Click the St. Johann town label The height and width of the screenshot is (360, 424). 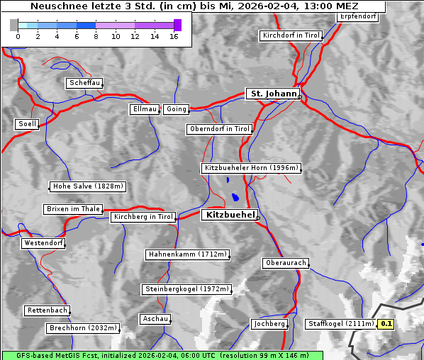pyautogui.click(x=273, y=94)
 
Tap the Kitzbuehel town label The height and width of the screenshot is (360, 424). pyautogui.click(x=228, y=215)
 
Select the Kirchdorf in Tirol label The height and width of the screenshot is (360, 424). pyautogui.click(x=291, y=35)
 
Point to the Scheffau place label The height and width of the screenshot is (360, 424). pyautogui.click(x=85, y=84)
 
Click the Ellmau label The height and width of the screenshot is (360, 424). pyautogui.click(x=145, y=109)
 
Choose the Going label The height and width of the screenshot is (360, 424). pyautogui.click(x=176, y=109)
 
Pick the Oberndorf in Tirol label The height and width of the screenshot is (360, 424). pyautogui.click(x=220, y=129)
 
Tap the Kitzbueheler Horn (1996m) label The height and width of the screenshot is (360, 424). pyautogui.click(x=251, y=169)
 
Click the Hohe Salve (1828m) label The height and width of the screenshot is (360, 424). pyautogui.click(x=88, y=187)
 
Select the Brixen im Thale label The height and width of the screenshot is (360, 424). pyautogui.click(x=74, y=209)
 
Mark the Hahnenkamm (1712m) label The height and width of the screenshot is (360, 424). pyautogui.click(x=187, y=254)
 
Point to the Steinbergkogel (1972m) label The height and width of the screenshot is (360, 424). pyautogui.click(x=187, y=289)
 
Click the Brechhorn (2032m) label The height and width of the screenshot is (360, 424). pyautogui.click(x=82, y=328)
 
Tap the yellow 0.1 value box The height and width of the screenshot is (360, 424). pyautogui.click(x=386, y=325)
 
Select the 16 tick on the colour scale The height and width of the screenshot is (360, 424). pyautogui.click(x=174, y=36)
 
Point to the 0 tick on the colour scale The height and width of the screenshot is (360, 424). pyautogui.click(x=18, y=36)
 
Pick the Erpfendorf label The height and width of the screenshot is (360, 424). pyautogui.click(x=357, y=16)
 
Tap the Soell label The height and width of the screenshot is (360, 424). pyautogui.click(x=27, y=124)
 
